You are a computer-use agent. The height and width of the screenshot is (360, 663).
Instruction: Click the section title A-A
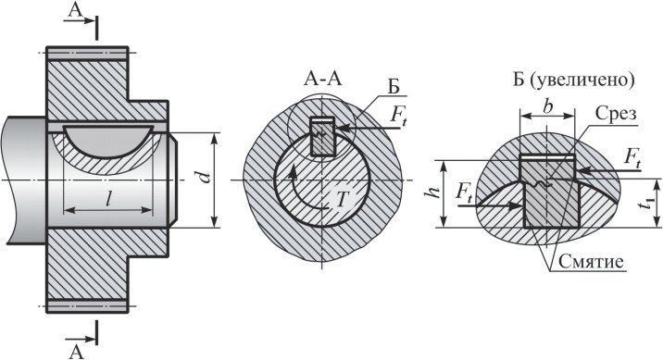[322, 80]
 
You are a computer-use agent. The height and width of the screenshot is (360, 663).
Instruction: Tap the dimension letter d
[205, 177]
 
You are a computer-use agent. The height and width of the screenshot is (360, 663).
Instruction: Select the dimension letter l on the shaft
[108, 198]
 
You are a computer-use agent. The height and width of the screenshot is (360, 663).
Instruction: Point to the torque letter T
[341, 201]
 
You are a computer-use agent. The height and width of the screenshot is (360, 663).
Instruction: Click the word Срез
[615, 114]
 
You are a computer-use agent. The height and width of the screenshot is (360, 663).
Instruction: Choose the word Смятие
[591, 262]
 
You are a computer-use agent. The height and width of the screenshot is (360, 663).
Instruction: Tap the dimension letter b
[547, 107]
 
